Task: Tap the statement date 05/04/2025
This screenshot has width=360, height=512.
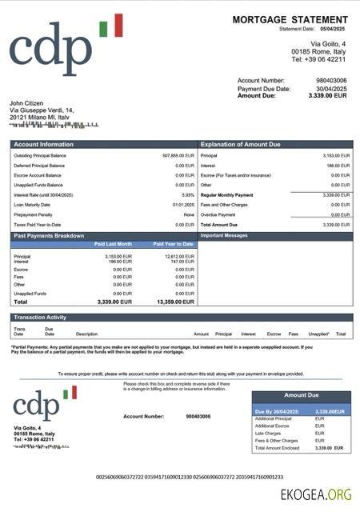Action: point(337,29)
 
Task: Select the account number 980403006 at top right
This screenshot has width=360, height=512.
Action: point(331,81)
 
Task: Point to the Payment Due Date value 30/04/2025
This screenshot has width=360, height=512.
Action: point(331,88)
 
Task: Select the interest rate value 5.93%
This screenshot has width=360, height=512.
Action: point(188,195)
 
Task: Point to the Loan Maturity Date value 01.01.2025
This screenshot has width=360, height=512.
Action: point(183,205)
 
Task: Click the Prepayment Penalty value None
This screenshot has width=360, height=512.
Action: point(189,214)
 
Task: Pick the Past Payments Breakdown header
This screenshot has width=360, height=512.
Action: point(49,236)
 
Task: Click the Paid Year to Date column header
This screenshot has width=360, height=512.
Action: point(173,243)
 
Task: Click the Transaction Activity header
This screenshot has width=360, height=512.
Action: point(40,318)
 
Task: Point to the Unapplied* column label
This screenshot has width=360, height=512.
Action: point(318,334)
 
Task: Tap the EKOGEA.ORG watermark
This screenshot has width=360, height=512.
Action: point(315,494)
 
